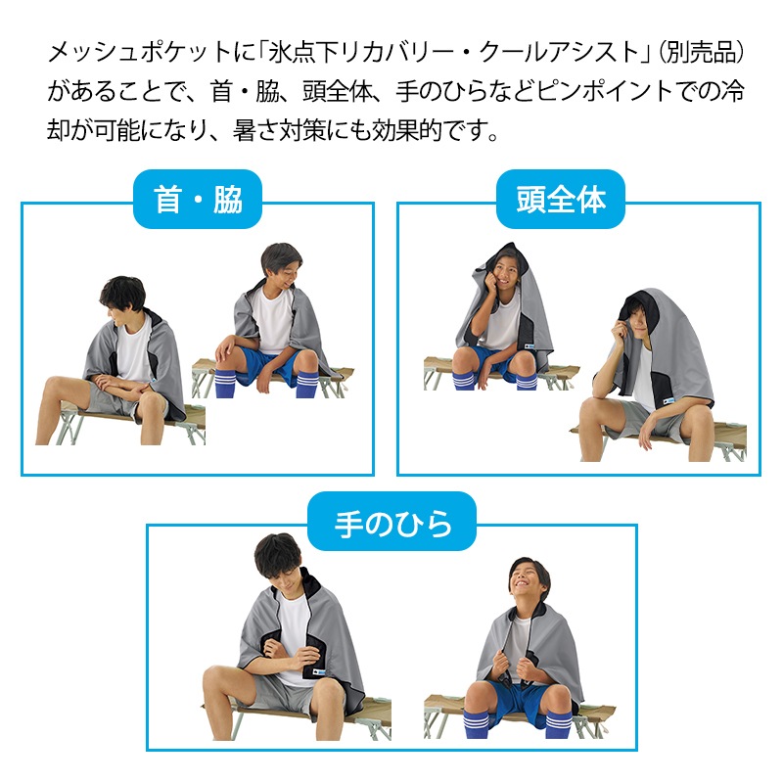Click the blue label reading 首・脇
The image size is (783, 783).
[198, 200]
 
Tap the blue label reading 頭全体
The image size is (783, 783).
[560, 200]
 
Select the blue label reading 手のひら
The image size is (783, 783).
[392, 522]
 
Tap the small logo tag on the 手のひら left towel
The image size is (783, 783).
[319, 672]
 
